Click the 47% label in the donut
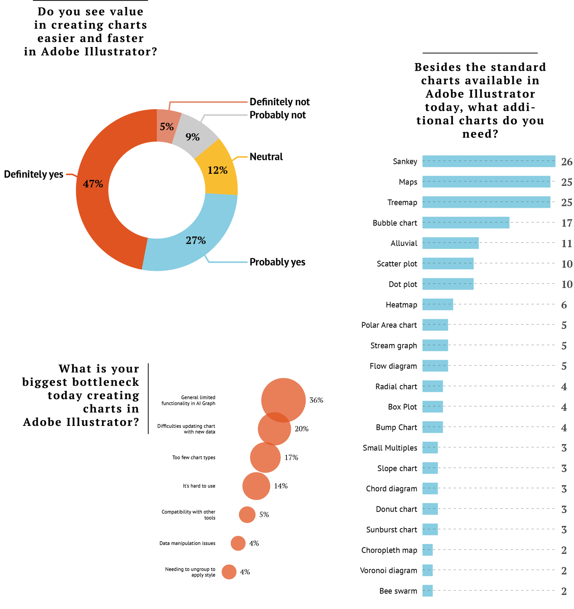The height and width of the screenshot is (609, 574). [x=93, y=184]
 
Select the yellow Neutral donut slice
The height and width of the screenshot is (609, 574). [x=218, y=170]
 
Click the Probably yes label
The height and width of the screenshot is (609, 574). [x=277, y=262]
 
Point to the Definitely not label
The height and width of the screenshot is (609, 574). [x=279, y=102]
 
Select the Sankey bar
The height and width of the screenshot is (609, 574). [x=488, y=161]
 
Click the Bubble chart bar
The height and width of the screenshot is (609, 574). [x=466, y=223]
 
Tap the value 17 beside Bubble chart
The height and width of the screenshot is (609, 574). [x=566, y=223]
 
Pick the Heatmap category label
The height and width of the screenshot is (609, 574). [x=401, y=305]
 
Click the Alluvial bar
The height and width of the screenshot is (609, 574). [x=450, y=243]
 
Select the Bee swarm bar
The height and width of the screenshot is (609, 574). [x=427, y=591]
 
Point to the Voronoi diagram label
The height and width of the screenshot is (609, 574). [x=388, y=571]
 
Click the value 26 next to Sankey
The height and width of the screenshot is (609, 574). [x=566, y=162]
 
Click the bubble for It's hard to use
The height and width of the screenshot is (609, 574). [x=256, y=486]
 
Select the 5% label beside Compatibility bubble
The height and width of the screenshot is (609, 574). [x=264, y=515]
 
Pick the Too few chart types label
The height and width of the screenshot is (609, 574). [x=194, y=458]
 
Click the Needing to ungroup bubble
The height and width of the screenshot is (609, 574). [x=229, y=572]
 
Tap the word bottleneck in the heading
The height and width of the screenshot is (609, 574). [x=81, y=382]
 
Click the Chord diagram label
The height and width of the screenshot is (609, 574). [x=391, y=489]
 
